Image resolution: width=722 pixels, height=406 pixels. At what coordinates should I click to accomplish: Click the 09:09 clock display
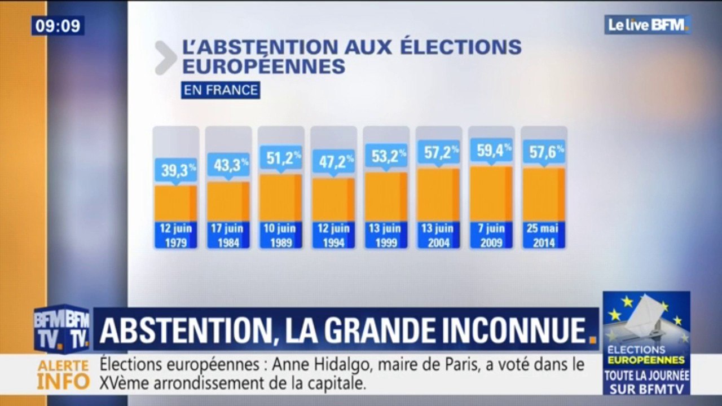pos(58,25)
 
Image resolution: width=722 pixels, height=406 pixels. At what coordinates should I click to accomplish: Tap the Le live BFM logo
pos(648,24)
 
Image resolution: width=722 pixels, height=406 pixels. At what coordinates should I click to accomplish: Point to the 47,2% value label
pos(333,162)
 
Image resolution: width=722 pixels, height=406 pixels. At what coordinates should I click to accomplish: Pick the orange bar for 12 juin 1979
pos(175,203)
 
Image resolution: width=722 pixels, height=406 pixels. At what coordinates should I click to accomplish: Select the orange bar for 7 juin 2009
pos(491,193)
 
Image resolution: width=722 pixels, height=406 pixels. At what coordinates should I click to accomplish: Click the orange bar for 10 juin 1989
pos(281,197)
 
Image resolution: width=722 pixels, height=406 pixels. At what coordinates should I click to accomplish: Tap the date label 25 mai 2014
pos(544,235)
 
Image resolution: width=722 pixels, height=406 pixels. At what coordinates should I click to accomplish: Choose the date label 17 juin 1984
pos(228,235)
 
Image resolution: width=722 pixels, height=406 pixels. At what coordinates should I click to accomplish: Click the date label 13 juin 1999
pos(386,235)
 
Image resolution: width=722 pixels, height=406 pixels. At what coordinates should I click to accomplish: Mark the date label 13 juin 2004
pos(438,235)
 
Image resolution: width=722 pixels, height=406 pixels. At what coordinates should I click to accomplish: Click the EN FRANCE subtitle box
pos(220,90)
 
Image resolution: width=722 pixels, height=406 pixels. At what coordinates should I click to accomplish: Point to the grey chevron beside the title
pos(165,58)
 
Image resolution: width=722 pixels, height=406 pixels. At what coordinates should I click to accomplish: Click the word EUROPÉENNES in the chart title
pos(263,67)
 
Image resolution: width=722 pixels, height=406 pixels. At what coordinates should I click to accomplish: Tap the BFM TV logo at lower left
pos(61,329)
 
